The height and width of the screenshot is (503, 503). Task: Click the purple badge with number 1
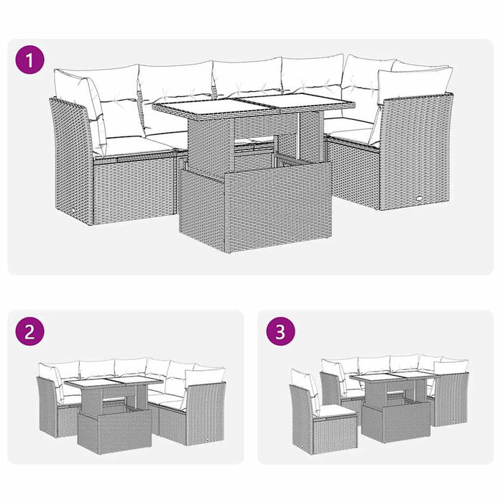tap(28, 60)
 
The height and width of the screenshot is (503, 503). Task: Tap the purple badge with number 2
tap(28, 331)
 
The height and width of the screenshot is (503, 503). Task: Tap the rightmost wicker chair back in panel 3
tap(451, 399)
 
